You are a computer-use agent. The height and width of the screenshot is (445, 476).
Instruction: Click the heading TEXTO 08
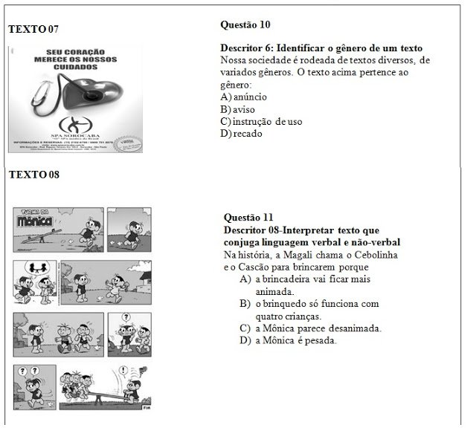click(x=33, y=175)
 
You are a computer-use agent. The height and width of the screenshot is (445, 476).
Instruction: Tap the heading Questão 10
click(x=245, y=25)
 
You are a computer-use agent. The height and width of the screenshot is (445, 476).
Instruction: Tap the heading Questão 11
click(x=248, y=217)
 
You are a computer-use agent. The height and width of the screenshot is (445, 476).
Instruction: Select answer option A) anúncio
click(x=244, y=97)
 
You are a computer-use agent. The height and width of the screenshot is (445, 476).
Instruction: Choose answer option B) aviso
click(x=238, y=109)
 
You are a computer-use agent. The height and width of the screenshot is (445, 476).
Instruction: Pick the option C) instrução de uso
click(x=261, y=121)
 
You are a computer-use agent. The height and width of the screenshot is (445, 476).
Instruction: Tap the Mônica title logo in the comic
click(x=36, y=220)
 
